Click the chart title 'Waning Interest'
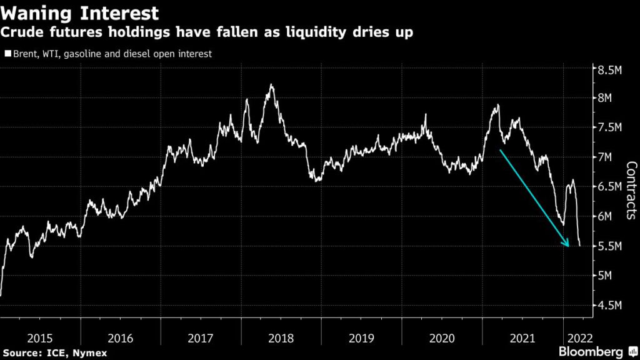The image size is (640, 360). click(x=79, y=12)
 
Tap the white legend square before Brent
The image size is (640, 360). click(x=7, y=54)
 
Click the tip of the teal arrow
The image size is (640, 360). click(x=569, y=246)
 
